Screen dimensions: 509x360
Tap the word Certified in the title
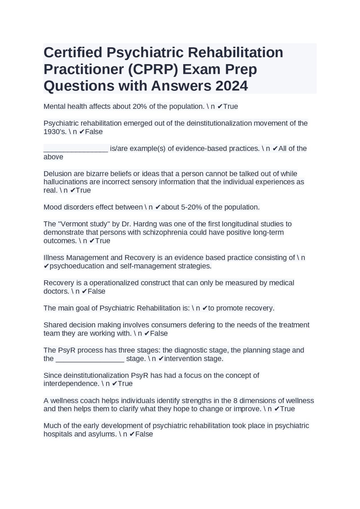(x=73, y=53)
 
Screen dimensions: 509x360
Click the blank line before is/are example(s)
(x=76, y=149)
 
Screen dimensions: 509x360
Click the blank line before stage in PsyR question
(x=90, y=359)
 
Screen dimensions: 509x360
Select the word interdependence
(x=71, y=384)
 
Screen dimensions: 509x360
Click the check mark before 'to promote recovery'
(x=205, y=308)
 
